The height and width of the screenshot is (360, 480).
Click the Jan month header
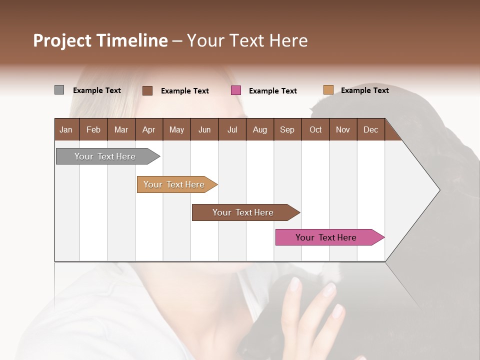tap(66, 130)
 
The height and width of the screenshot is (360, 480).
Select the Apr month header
tap(148, 130)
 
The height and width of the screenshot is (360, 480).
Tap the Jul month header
tap(232, 130)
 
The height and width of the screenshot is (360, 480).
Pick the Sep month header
tap(287, 130)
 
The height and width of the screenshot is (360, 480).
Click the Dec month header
tap(370, 130)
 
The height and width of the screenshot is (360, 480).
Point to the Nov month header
tap(342, 130)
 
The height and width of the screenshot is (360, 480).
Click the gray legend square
tap(59, 90)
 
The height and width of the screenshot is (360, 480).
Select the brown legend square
tap(147, 90)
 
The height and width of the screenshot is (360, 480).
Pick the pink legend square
tap(236, 90)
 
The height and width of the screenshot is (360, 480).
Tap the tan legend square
tap(328, 90)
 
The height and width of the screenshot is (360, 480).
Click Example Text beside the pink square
tap(272, 91)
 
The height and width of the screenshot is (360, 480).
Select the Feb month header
tap(93, 130)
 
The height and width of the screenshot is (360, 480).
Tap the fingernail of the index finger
tap(295, 284)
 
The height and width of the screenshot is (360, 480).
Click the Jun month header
tap(204, 130)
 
